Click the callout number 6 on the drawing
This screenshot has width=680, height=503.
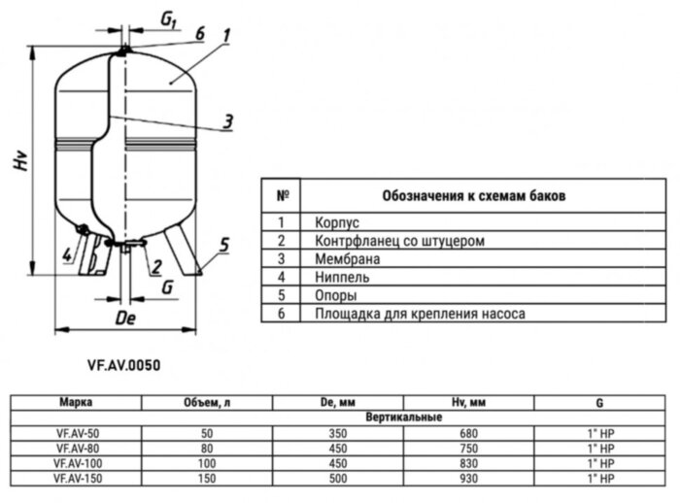coord(199,34)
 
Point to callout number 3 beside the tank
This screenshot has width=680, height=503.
coord(226,121)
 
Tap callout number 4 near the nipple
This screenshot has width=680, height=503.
coord(67,255)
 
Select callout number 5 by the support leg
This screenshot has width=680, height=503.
coord(224,246)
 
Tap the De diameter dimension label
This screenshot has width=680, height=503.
coord(122,318)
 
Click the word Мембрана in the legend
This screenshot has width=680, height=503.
coord(347,259)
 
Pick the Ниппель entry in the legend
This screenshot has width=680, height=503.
coord(343,278)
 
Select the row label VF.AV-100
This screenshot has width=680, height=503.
coord(76,464)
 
